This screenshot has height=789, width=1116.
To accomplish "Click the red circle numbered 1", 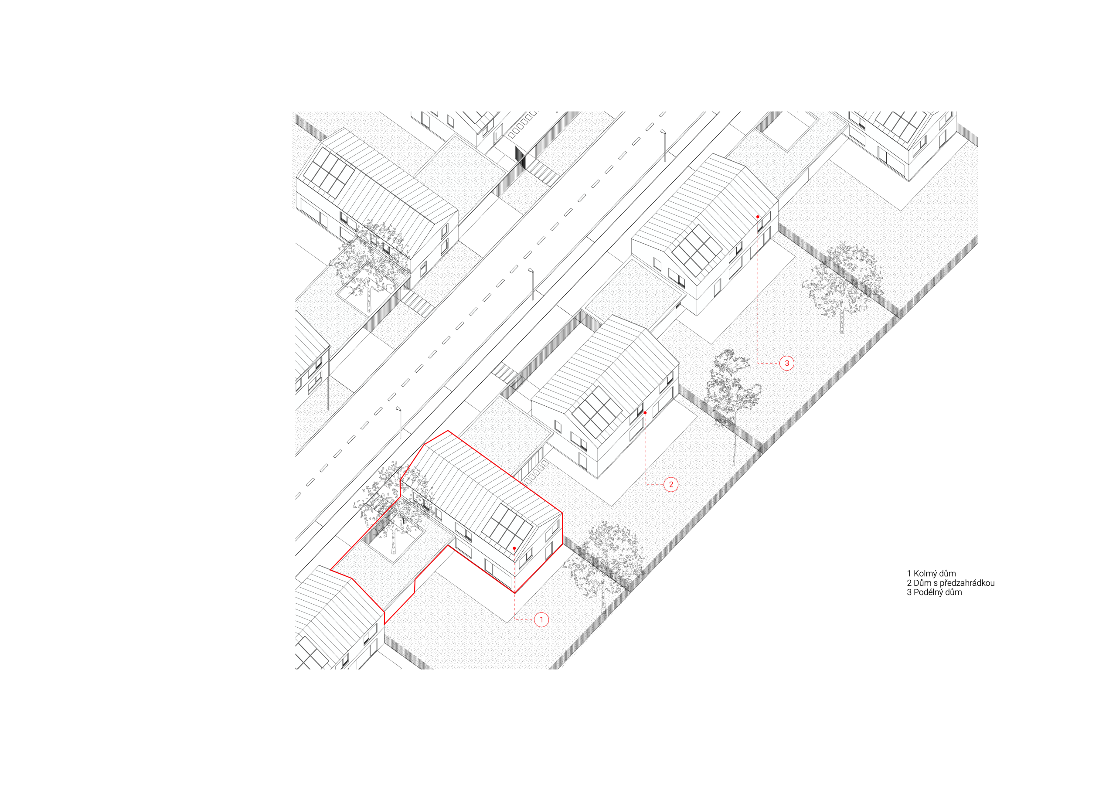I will point(541,620).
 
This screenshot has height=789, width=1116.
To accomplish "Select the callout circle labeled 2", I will point(671,485).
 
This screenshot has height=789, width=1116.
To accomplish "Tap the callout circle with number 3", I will point(786,363).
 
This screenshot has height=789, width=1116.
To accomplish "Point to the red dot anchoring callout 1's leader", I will point(514,548).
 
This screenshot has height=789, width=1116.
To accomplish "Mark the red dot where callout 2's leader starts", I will point(645,413).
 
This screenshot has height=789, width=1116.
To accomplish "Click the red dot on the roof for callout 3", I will point(757,217).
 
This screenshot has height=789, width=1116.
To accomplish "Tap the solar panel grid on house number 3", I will point(697,250).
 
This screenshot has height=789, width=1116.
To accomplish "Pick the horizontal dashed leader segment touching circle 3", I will point(768,363).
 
